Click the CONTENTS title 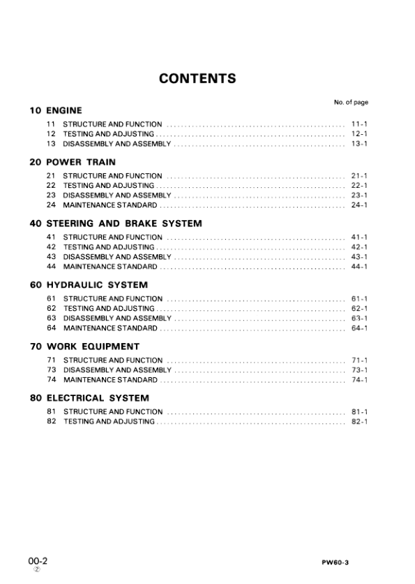click(197, 78)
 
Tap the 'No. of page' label click(351, 103)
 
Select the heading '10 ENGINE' click(56, 110)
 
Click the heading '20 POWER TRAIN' click(73, 162)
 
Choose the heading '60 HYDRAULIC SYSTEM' click(89, 285)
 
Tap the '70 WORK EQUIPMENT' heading click(84, 346)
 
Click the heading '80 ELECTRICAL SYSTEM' click(89, 398)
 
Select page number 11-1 click(359, 124)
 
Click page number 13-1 click(359, 143)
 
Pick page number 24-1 click(359, 205)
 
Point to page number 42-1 click(359, 247)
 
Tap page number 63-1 click(359, 318)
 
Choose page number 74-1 click(359, 379)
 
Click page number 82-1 click(359, 421)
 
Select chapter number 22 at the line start click(51, 185)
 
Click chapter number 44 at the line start click(51, 266)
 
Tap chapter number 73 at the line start click(51, 370)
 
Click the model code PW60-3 click(354, 562)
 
